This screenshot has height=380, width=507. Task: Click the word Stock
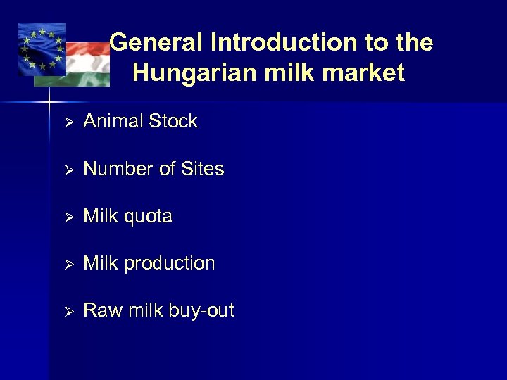pyautogui.click(x=173, y=121)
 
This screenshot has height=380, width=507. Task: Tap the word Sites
pyautogui.click(x=202, y=169)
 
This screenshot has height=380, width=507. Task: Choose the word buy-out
pyautogui.click(x=200, y=310)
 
